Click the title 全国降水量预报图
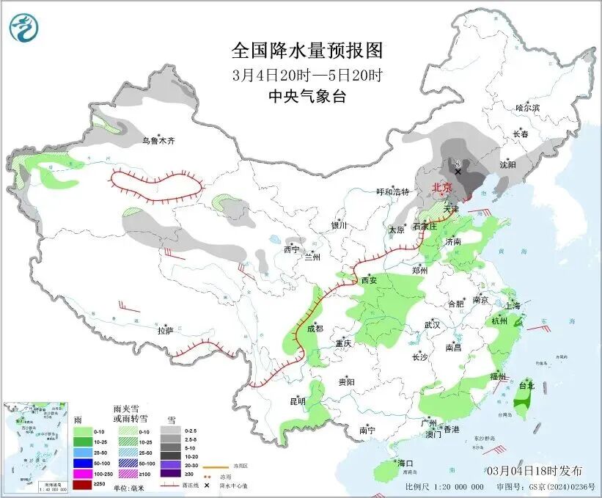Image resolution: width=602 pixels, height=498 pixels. pyautogui.click(x=307, y=51)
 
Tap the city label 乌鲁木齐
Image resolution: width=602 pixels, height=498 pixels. pyautogui.click(x=158, y=140)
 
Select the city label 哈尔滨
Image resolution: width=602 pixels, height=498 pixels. pyautogui.click(x=526, y=108)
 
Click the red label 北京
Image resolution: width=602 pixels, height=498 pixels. pyautogui.click(x=441, y=187)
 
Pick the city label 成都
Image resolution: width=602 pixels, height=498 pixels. pyautogui.click(x=314, y=329)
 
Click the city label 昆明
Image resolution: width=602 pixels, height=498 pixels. pyautogui.click(x=297, y=400)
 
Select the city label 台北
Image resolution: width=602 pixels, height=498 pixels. pyautogui.click(x=526, y=385)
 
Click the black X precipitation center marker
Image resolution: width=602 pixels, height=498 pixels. pyautogui.click(x=458, y=172)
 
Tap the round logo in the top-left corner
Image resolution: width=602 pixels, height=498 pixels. pyautogui.click(x=23, y=28)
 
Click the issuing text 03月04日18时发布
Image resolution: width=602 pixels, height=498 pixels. pyautogui.click(x=535, y=470)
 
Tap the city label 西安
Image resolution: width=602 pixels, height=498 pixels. pyautogui.click(x=369, y=280)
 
